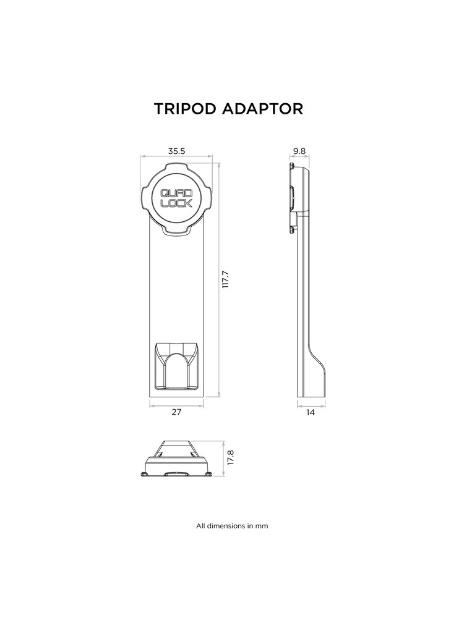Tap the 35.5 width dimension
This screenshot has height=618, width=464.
(x=177, y=150)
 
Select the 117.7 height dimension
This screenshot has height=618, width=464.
(x=226, y=279)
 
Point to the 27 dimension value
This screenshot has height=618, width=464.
(x=177, y=412)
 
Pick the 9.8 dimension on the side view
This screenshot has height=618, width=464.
(x=300, y=150)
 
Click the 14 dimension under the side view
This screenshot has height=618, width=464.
(x=310, y=412)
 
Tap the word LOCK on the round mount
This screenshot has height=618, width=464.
(x=176, y=203)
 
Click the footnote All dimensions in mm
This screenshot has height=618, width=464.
(x=232, y=527)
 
